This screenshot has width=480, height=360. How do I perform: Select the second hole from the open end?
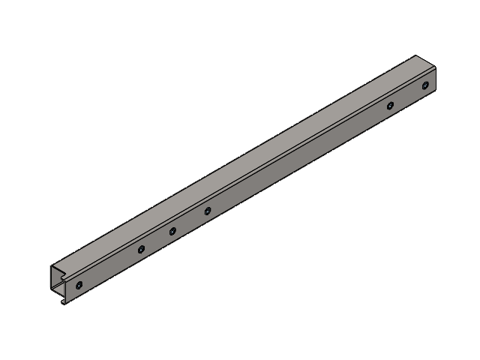[x=140, y=249]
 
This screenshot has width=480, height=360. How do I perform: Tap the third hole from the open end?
[x=172, y=231]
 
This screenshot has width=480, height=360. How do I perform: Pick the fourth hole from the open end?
[x=207, y=211]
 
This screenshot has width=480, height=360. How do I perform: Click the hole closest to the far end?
[x=424, y=85]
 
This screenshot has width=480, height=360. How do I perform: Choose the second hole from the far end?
[x=390, y=105]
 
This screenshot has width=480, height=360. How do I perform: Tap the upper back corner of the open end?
[x=51, y=265]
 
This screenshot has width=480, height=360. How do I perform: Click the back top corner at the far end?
[x=415, y=55]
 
